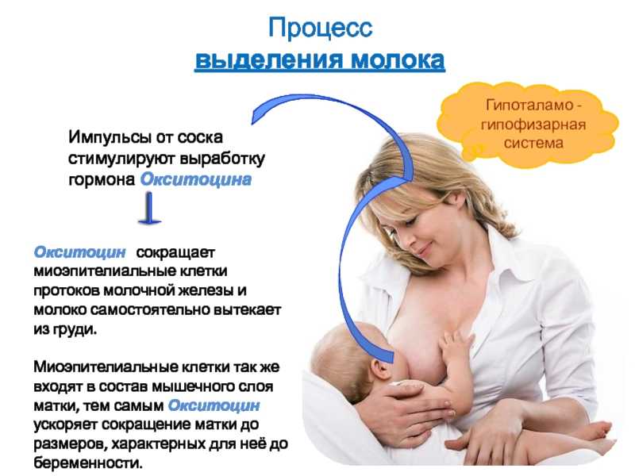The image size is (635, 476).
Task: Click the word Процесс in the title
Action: coord(320,29)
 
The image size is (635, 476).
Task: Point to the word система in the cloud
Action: coord(533,143)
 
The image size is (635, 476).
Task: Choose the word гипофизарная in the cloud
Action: coord(533,125)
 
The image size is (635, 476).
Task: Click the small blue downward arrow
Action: coord(149,208)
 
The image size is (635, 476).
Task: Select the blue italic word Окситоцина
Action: coord(195,179)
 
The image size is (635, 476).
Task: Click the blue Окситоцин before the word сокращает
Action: coord(80,251)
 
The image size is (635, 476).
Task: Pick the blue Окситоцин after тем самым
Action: coord(214,405)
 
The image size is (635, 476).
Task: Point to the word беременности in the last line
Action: coord(88,463)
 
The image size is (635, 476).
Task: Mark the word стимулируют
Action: coord(121,158)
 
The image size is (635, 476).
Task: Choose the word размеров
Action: coord(69,444)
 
